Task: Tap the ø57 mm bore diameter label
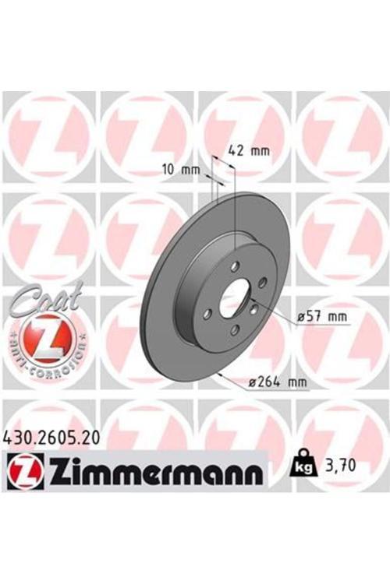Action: tap(321, 317)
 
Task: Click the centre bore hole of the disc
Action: tap(234, 300)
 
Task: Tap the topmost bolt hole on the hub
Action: tap(236, 267)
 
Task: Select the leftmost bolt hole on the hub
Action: tap(208, 314)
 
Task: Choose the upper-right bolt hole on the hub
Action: tap(263, 282)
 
